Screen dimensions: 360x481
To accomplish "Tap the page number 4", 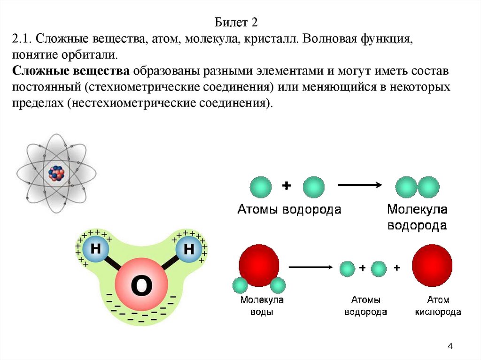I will click(x=450, y=346).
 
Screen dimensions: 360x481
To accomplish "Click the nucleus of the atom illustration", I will click(x=56, y=174).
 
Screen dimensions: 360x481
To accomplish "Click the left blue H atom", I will click(x=96, y=249).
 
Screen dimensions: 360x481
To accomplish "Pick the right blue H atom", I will click(x=188, y=249).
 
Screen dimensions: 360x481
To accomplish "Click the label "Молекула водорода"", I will click(x=416, y=217).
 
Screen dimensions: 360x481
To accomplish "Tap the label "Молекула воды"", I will click(x=262, y=305).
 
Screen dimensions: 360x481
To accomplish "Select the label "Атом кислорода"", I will click(x=438, y=305).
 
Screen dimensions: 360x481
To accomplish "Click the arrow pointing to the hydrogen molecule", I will click(x=359, y=185).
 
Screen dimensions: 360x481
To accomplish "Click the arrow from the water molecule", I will click(x=310, y=268).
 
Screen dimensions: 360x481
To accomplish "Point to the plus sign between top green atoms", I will click(x=286, y=186).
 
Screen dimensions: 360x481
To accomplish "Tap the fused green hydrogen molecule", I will click(x=417, y=187).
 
